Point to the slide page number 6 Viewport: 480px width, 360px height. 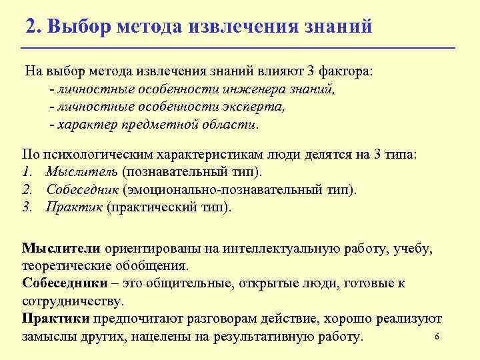(436, 337)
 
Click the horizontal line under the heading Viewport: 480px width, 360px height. (238, 49)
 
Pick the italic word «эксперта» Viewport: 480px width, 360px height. (256, 107)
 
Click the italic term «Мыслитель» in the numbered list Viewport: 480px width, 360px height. (73, 172)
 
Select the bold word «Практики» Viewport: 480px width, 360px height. (56, 318)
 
